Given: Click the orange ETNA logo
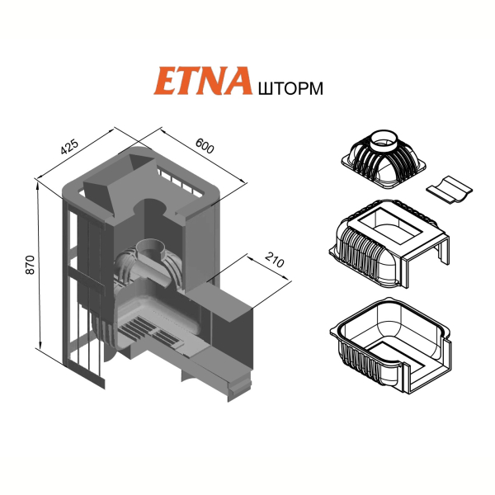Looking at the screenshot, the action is [x=203, y=81].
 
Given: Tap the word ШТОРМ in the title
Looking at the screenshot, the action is [x=290, y=88].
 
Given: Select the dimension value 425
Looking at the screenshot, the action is [x=69, y=147].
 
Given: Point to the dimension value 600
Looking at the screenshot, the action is [x=205, y=145].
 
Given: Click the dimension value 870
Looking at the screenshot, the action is [x=30, y=265].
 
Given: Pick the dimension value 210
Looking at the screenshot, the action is [x=275, y=260].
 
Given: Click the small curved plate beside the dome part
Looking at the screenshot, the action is [x=450, y=190].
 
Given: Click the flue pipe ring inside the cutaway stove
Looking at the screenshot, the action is [x=151, y=247].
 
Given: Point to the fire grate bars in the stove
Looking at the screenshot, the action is [x=148, y=332].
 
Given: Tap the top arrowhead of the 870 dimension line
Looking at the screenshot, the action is [x=38, y=186].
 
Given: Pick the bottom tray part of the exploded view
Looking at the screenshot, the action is [x=391, y=346].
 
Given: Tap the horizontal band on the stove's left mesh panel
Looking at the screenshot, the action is [x=85, y=278].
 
